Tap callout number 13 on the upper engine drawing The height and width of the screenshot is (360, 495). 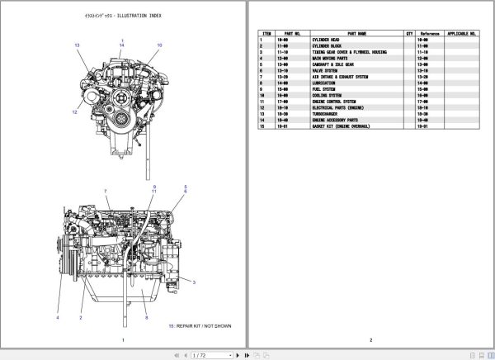[x=77, y=45]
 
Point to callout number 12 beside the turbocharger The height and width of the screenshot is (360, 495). [x=73, y=111]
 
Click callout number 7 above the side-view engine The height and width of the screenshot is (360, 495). [x=106, y=192]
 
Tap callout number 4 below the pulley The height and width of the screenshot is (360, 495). [x=58, y=318]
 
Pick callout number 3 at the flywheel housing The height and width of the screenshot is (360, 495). [x=193, y=282]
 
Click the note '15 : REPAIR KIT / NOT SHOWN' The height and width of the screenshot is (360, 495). [x=200, y=326]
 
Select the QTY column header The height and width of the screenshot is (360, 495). [x=409, y=34]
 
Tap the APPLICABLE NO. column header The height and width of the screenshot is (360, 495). [x=462, y=34]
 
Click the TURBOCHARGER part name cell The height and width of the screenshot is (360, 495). [x=306, y=114]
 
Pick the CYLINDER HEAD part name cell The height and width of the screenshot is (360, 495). [x=301, y=40]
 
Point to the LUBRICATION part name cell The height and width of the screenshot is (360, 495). [x=300, y=83]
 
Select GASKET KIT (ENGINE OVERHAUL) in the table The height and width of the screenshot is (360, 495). [x=318, y=126]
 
